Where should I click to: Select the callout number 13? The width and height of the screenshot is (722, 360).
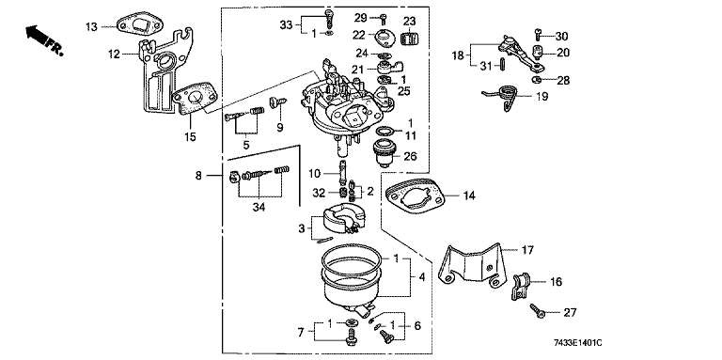[x=91, y=26]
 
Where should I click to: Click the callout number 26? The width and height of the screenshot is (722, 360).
[x=410, y=156]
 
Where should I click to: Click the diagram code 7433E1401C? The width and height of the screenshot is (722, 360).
[x=578, y=343]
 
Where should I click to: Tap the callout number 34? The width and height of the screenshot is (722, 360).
[x=259, y=208]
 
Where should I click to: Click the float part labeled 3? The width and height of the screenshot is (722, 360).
[x=338, y=220]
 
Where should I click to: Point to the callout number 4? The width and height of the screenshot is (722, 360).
[x=422, y=277]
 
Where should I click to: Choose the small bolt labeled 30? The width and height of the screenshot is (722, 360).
[x=538, y=34]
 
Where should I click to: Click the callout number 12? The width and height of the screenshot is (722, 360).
[x=114, y=55]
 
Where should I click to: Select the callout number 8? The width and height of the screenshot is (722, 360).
[x=199, y=176]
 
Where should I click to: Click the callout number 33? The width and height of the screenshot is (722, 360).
[x=286, y=24]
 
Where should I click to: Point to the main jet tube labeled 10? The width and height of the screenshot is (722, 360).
[x=342, y=171]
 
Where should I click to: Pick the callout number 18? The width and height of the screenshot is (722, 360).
[x=458, y=56]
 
